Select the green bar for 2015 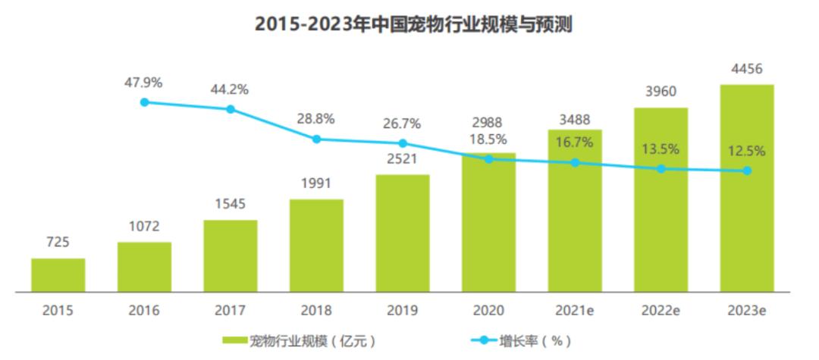(58, 274)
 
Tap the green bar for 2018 (316, 245)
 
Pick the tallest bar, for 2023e (746, 187)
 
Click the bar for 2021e (575, 210)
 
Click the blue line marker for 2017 (231, 109)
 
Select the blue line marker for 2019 (403, 143)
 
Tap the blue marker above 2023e (747, 171)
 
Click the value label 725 (58, 243)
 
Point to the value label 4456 (746, 69)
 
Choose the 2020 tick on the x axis (488, 310)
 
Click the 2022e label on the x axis (661, 310)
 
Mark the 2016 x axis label (144, 310)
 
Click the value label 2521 (403, 160)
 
